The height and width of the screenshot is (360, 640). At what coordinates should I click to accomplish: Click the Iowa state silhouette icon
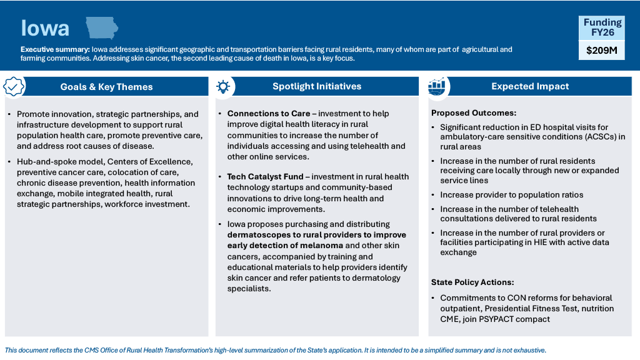[101, 28]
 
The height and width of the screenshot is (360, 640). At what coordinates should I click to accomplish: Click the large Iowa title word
[45, 29]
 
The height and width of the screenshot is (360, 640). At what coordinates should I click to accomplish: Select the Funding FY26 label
[602, 27]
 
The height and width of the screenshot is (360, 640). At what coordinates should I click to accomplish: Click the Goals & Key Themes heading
[106, 87]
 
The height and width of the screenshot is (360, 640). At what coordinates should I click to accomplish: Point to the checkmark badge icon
[14, 87]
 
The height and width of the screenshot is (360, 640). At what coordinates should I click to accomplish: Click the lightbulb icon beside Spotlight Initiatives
[223, 87]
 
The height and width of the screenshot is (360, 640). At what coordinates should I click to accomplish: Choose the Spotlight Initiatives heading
[317, 86]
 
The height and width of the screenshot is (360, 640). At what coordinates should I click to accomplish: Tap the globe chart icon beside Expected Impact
[437, 87]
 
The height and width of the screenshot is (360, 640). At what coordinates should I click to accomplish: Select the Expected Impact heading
[530, 86]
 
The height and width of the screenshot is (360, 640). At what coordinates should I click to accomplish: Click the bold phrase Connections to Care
[269, 114]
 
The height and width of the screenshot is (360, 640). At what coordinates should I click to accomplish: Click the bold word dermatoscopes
[257, 235]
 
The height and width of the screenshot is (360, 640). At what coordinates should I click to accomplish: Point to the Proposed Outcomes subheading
[474, 113]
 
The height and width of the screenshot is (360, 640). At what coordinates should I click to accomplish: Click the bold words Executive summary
[55, 49]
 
